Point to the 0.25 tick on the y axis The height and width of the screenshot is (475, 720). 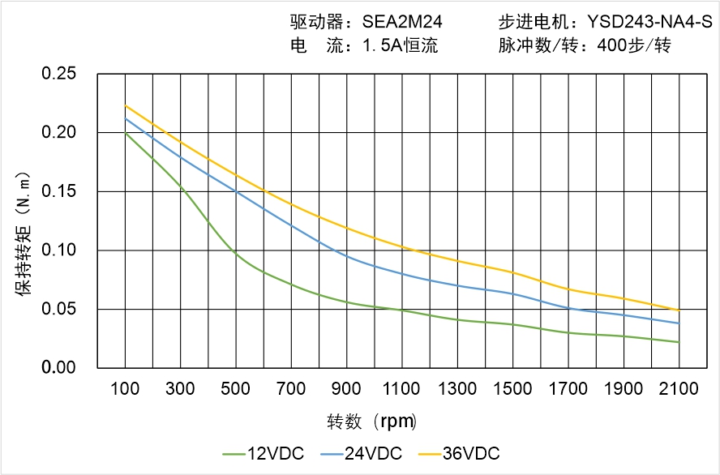pyautogui.click(x=58, y=74)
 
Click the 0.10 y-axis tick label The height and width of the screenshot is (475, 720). pyautogui.click(x=58, y=250)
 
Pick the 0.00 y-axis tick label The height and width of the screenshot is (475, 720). pyautogui.click(x=58, y=368)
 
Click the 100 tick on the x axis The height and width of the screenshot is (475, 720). pyautogui.click(x=125, y=389)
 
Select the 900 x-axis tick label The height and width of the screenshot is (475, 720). pyautogui.click(x=346, y=389)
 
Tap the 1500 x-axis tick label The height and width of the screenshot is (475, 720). pyautogui.click(x=512, y=389)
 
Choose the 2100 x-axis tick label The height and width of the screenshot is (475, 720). pyautogui.click(x=679, y=389)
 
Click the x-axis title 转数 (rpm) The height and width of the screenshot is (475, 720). pyautogui.click(x=371, y=422)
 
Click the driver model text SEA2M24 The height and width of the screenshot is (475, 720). pyautogui.click(x=404, y=22)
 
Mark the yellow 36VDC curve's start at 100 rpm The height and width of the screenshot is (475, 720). pyautogui.click(x=125, y=105)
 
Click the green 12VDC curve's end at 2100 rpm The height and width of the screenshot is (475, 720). pyautogui.click(x=679, y=342)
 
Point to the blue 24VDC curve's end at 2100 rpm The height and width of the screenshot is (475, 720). pyautogui.click(x=679, y=323)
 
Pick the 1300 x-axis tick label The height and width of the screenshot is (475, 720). pyautogui.click(x=457, y=389)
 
